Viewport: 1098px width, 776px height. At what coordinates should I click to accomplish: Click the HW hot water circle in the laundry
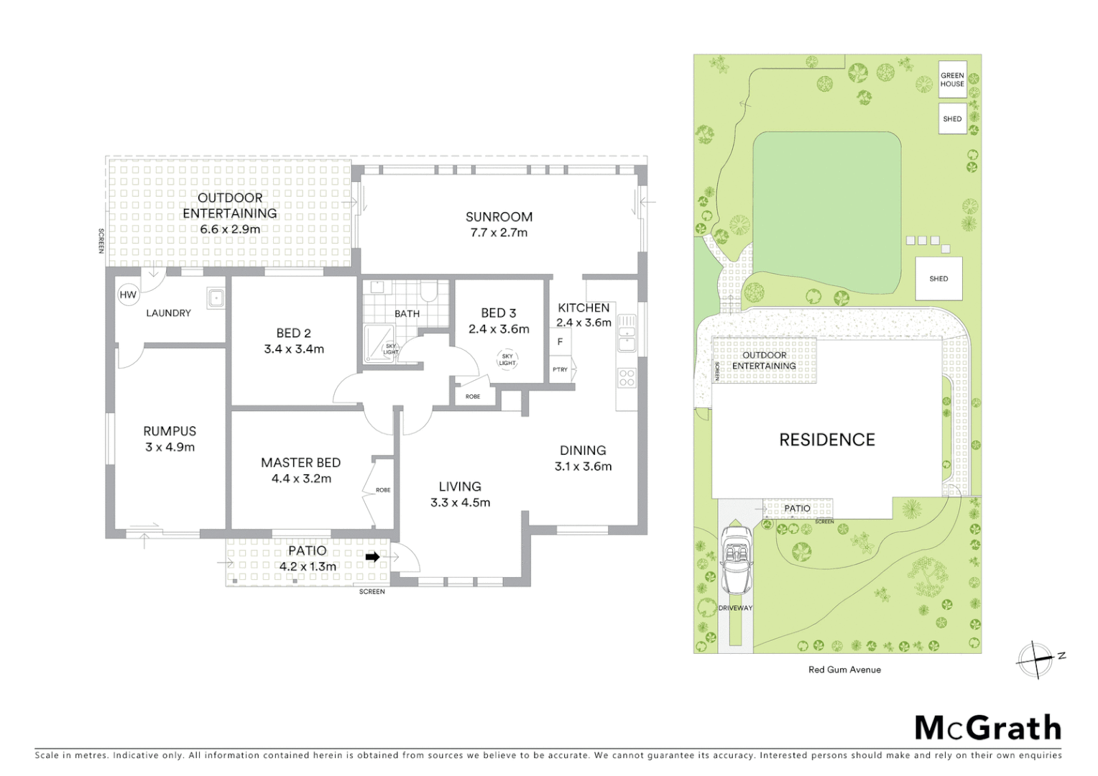pos(128,295)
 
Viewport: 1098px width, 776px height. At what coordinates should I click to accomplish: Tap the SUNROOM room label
pos(499,216)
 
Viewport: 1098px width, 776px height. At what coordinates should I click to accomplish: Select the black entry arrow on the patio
pos(372,557)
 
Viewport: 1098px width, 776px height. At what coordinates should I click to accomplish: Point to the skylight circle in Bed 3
pos(507,359)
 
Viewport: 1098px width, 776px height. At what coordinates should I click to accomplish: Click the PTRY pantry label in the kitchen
pos(560,369)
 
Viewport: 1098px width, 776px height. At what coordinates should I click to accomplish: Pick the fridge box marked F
pos(560,342)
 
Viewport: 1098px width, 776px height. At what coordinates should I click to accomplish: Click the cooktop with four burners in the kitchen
pos(627,377)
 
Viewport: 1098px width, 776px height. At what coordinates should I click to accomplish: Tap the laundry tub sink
pos(216,297)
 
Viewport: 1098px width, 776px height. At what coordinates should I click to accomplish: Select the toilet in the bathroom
pos(429,291)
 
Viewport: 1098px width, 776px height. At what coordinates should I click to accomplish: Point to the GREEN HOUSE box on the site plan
pos(952,80)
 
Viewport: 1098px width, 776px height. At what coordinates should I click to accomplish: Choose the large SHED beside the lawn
pos(938,279)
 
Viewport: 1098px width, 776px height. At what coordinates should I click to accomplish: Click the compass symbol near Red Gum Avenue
pos(1035,659)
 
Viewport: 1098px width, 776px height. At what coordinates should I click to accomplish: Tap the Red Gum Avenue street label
pos(844,670)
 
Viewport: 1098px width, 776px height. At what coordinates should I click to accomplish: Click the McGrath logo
pos(988,728)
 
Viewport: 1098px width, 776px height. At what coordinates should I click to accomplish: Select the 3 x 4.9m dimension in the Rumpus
pos(170,447)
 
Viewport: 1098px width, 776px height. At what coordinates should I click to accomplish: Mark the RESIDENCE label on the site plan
pos(827,440)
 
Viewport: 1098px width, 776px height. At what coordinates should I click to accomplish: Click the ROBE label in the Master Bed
pos(383,490)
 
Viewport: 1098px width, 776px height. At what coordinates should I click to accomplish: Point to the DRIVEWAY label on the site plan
pos(735,608)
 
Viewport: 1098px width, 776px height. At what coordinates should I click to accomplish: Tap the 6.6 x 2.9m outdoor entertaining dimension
pos(230,229)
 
